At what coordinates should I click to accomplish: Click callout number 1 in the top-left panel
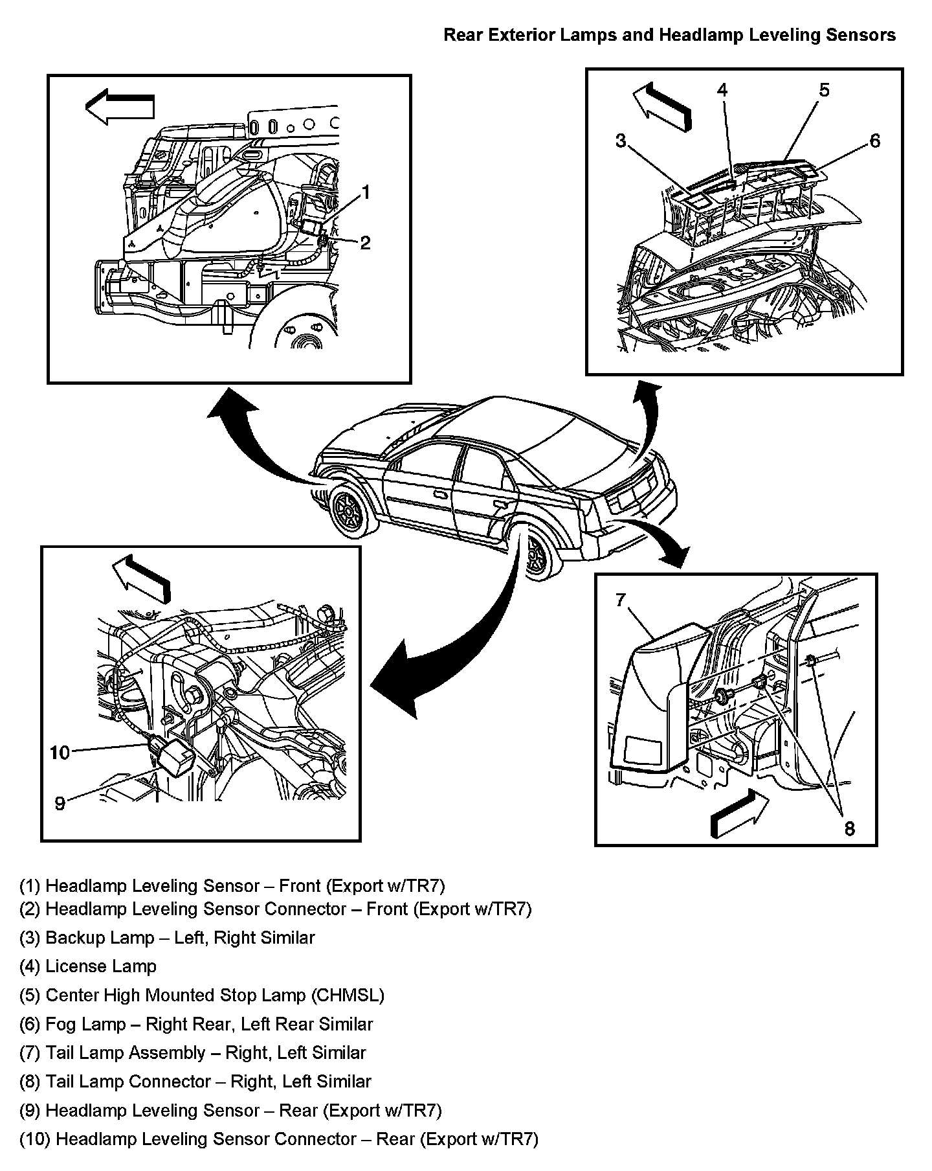366,192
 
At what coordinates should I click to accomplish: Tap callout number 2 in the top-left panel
365,243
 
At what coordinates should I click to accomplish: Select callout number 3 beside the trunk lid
621,141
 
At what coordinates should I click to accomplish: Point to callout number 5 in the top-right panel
823,90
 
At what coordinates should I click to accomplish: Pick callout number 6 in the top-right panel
874,141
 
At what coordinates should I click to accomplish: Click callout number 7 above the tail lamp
620,600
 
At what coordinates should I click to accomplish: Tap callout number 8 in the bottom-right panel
849,828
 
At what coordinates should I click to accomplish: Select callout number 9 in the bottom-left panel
60,804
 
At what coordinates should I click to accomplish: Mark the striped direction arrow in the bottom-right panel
739,808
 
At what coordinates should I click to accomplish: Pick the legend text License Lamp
101,966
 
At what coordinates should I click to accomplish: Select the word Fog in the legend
60,1025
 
